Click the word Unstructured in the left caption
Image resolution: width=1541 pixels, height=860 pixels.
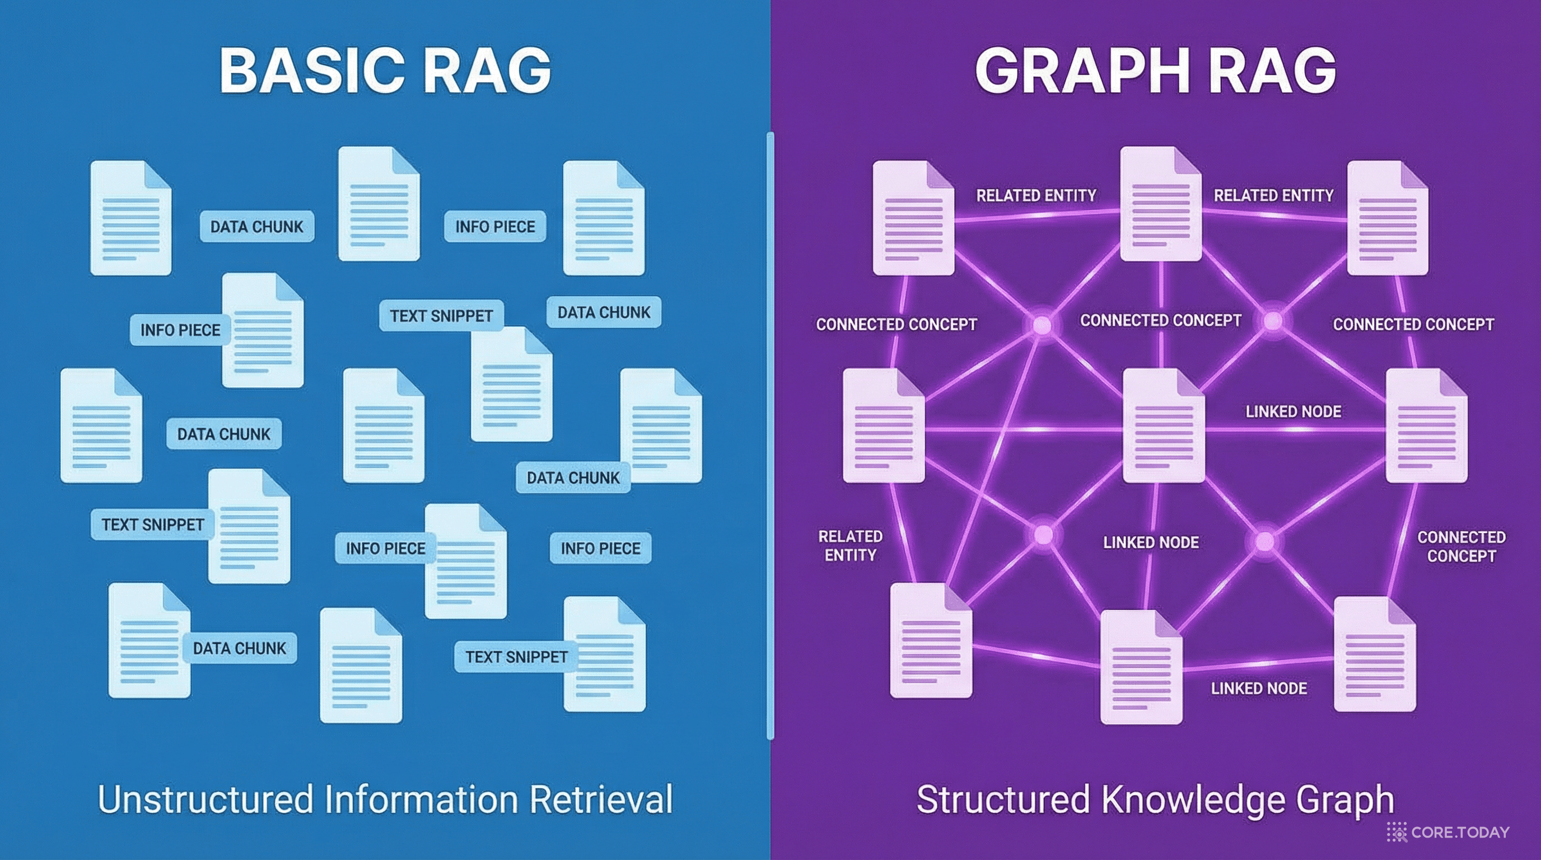coord(205,800)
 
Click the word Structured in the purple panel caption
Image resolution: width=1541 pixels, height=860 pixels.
coord(1002,800)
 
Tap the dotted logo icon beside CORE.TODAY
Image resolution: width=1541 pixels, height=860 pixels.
coord(1397,832)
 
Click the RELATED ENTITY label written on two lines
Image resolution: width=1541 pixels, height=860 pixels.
coord(850,545)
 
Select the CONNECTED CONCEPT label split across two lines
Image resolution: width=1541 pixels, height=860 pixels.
coord(1461,546)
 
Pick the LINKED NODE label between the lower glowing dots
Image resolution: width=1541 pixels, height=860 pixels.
coord(1151,543)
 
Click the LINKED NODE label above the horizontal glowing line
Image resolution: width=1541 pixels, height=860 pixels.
coord(1293,412)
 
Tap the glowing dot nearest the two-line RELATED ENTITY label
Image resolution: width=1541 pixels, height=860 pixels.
coord(1043,535)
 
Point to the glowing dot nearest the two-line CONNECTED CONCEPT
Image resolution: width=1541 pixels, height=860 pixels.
coord(1264,542)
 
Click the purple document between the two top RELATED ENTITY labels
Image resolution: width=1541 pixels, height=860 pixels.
coord(1160,204)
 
